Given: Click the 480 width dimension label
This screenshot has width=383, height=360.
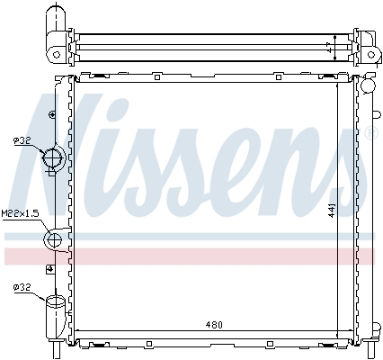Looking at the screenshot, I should pos(213,325).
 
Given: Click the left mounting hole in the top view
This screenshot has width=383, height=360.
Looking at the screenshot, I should pos(57,53).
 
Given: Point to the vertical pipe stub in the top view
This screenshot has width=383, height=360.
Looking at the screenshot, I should pos(57,19).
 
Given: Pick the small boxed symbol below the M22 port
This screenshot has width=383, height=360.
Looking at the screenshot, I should pos(50,268).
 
